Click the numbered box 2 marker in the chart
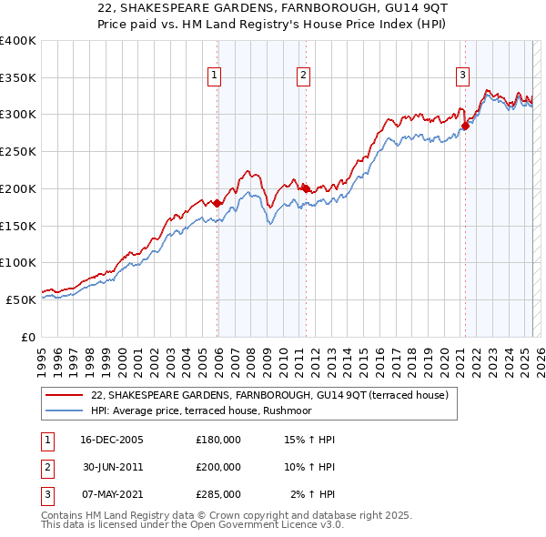tap(304, 76)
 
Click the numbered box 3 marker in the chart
tap(462, 76)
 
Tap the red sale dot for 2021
tap(464, 126)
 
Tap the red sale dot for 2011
tap(306, 188)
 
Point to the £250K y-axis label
tap(17, 151)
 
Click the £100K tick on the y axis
tap(17, 262)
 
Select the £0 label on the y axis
tap(27, 336)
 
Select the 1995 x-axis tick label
tap(42, 354)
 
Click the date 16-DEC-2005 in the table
tap(112, 440)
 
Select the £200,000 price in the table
tap(218, 466)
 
